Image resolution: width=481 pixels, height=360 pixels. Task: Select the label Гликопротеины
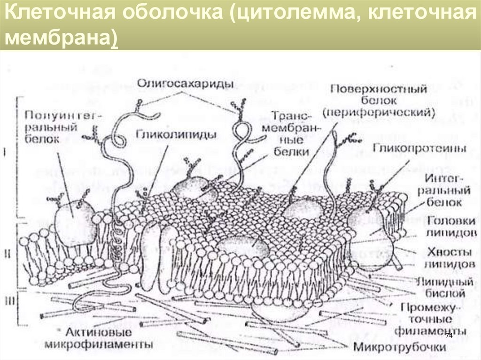419,149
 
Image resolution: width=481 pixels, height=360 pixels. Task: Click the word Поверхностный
378,89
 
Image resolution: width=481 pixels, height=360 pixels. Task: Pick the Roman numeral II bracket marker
8,254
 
